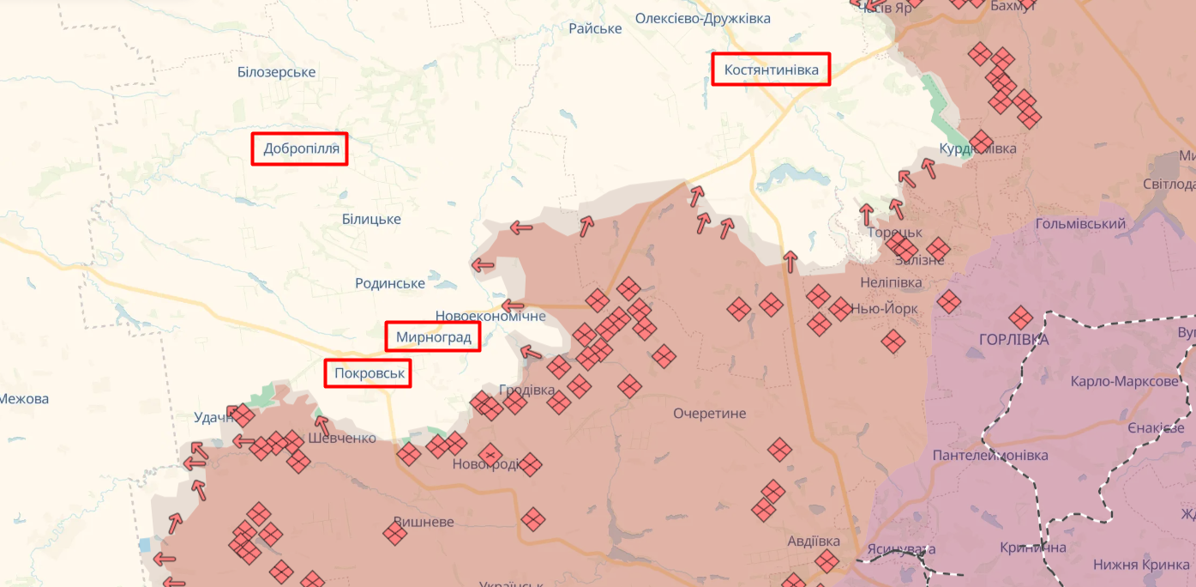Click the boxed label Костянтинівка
coord(771,70)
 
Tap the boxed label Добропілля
coord(299,148)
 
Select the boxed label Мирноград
coord(433,337)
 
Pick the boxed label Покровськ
coord(368,373)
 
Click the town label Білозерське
coord(277,72)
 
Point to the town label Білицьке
coord(371,219)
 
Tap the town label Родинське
coord(390,283)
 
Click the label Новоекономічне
coord(490,316)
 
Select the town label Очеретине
coord(709,413)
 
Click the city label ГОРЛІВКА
coord(1013,339)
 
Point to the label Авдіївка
coord(814,541)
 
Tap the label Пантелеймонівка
coord(990,455)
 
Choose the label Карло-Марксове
coord(1125,381)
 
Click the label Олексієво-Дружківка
coord(702,18)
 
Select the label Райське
coord(595,28)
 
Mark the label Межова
coord(25,398)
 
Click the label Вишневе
coord(424,522)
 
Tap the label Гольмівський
coord(1080,223)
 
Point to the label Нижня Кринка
coord(1140,564)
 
